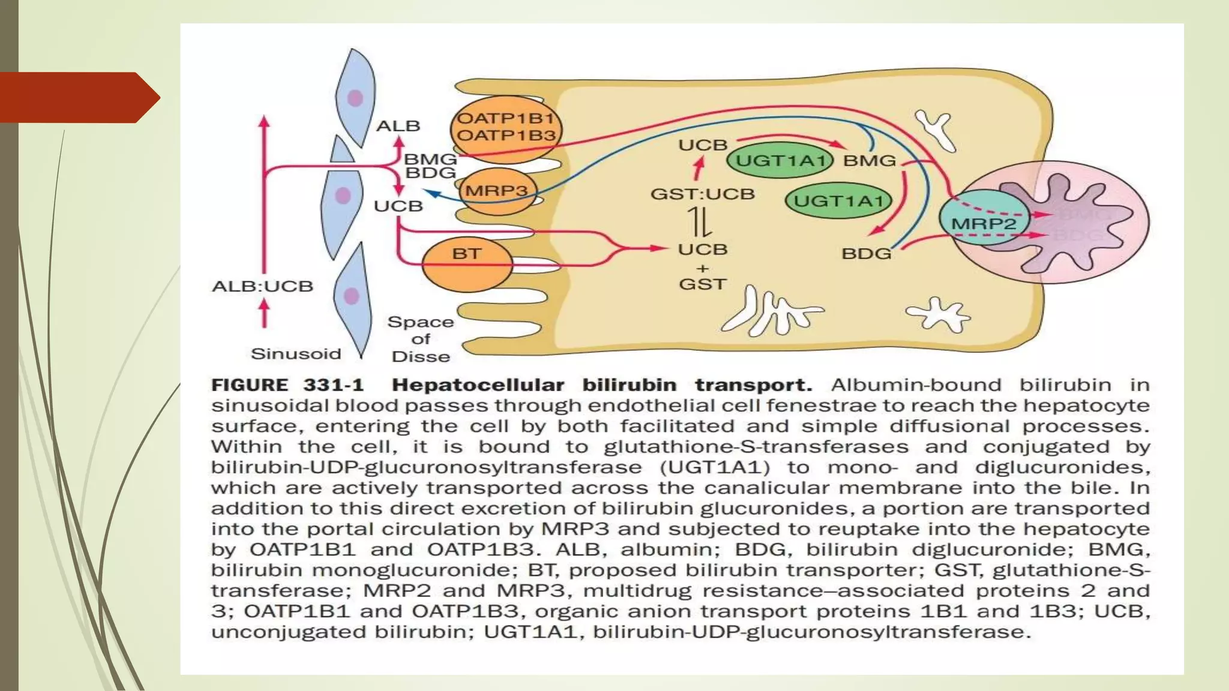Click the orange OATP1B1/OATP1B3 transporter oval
[x=506, y=128]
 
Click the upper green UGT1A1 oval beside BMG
[x=780, y=160]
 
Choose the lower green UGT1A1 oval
[x=838, y=201]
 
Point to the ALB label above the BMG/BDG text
[x=398, y=126]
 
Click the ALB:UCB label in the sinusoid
[x=262, y=286]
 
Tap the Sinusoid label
[x=296, y=354]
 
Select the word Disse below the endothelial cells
[x=421, y=357]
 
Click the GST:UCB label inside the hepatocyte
[x=702, y=194]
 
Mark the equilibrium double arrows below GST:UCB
[x=700, y=221]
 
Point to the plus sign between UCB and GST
[x=703, y=268]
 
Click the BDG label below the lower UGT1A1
[x=867, y=254]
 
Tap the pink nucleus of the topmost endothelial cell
[x=355, y=98]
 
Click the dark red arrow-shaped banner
[x=78, y=97]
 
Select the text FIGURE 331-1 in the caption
[x=287, y=385]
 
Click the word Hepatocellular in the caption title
[x=478, y=385]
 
